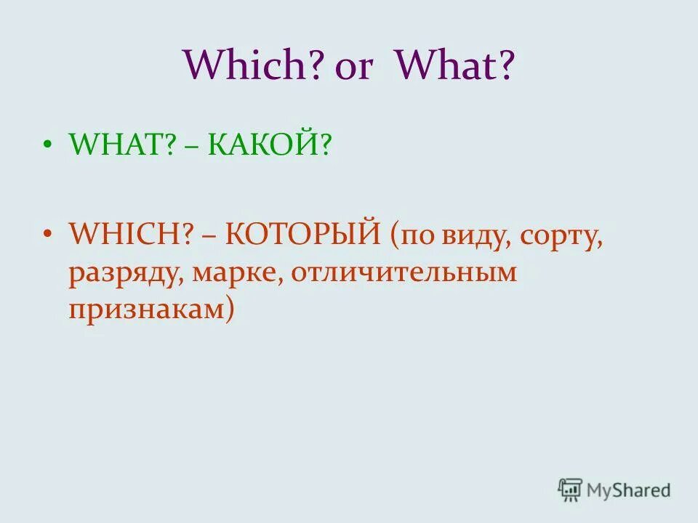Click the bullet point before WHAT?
tap(48, 146)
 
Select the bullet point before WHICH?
tap(48, 235)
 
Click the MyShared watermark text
tap(630, 490)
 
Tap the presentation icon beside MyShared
tap(571, 490)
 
